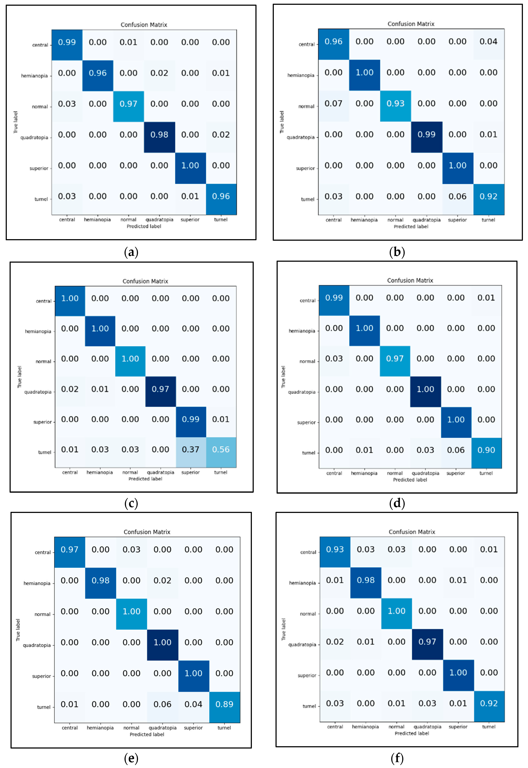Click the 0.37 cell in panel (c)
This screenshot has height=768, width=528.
click(191, 449)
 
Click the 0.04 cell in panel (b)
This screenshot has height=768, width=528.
click(488, 42)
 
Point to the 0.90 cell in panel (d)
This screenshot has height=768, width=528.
click(486, 450)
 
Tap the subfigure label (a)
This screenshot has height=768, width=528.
click(131, 252)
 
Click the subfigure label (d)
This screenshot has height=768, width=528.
click(397, 503)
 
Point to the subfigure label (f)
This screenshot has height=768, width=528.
click(397, 758)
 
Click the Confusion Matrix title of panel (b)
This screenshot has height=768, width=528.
click(411, 24)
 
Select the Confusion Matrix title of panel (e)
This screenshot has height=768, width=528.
click(147, 532)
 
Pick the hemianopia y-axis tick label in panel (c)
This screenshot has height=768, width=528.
click(38, 331)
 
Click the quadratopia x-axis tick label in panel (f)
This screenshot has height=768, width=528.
click(427, 727)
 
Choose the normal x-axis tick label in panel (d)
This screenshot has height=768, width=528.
click(395, 473)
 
